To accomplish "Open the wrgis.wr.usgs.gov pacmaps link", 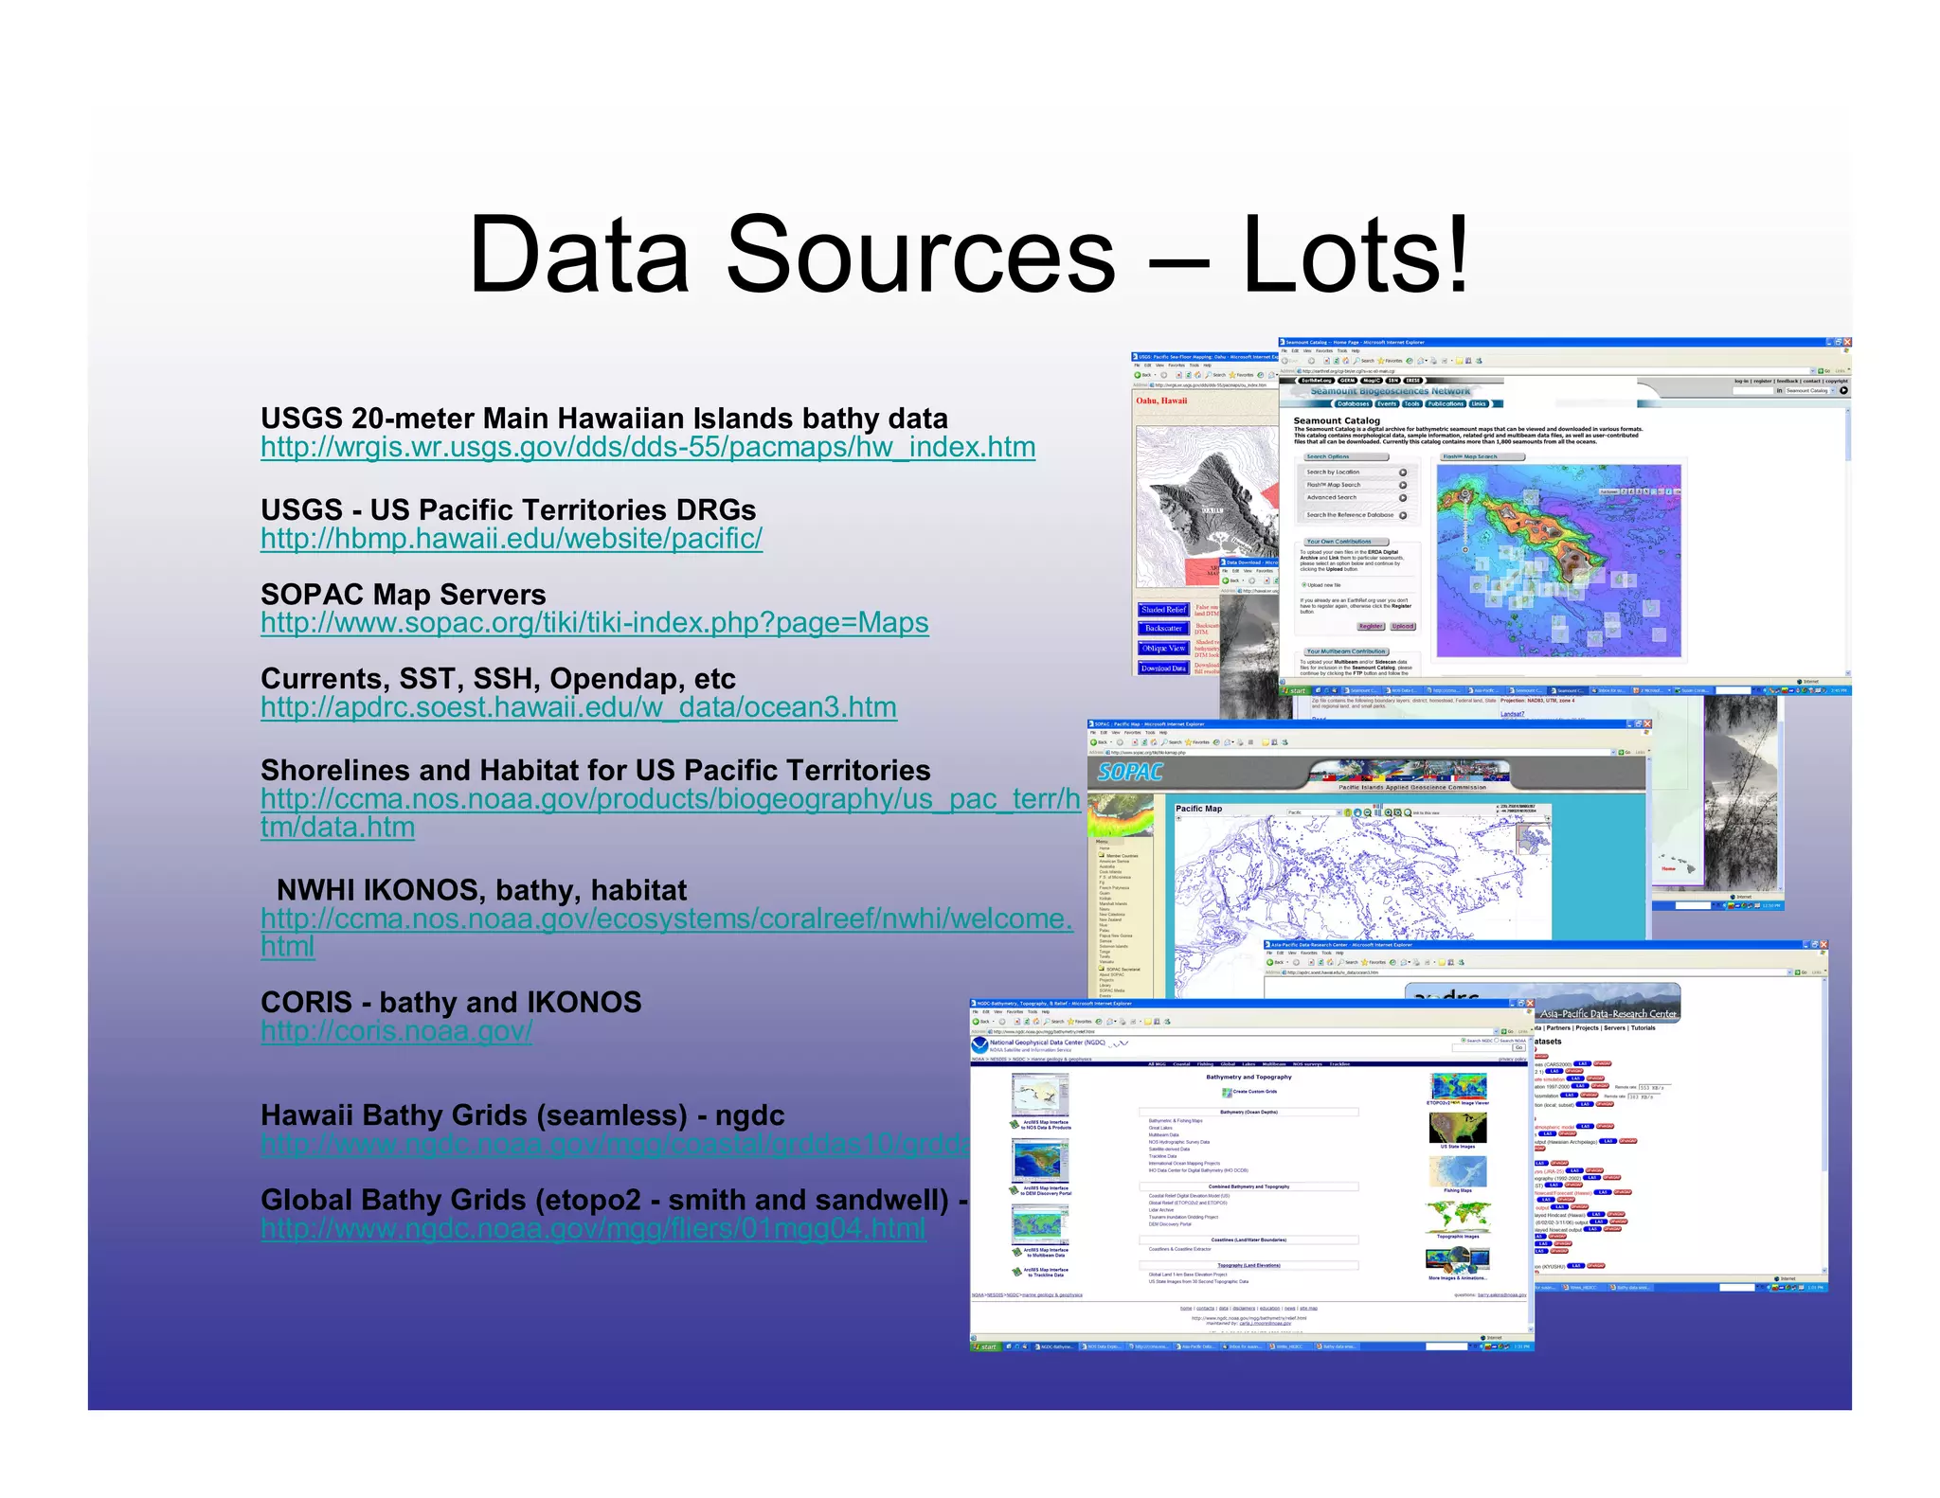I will coord(648,448).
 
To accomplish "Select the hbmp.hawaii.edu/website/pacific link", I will coord(512,539).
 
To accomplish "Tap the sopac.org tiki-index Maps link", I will coord(595,623).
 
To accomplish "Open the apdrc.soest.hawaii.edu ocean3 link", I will coord(579,707).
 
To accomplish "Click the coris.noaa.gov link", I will coord(397,1031).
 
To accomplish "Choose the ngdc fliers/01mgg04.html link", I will coord(594,1229).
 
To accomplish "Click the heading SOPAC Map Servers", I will coord(404,595).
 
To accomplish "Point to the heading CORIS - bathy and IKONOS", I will coord(451,1003).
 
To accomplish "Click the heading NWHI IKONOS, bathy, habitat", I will coord(481,890).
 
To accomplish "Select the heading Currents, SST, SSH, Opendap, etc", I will coord(498,679).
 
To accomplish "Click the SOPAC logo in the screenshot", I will coord(1130,773).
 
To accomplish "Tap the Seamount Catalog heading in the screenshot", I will coord(1337,420).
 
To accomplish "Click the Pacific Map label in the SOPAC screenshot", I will coord(1198,809).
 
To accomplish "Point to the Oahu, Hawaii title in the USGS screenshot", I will coord(1161,401).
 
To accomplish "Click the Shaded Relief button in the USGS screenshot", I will coord(1163,610).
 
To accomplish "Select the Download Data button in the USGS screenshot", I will coord(1163,669).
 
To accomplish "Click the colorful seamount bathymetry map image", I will coord(1558,561).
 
